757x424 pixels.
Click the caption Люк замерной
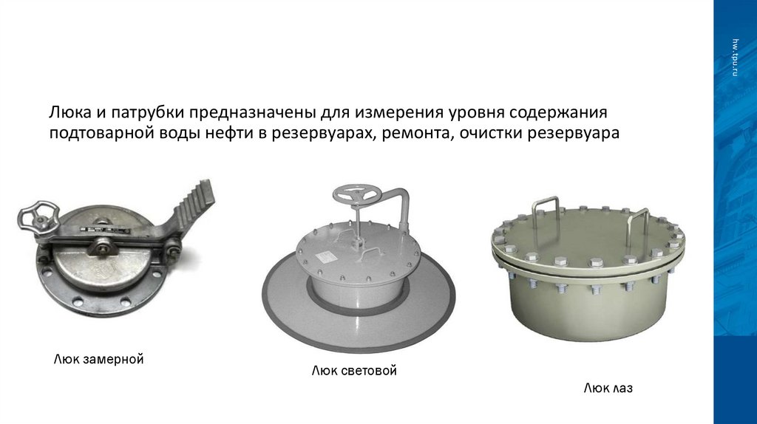coord(98,359)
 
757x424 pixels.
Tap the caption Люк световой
coord(354,371)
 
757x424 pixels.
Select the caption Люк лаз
coord(608,388)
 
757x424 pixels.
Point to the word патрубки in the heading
coord(148,112)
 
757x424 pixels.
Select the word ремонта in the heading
coord(418,133)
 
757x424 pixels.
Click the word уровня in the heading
coord(476,112)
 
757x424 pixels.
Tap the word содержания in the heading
coord(557,112)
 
